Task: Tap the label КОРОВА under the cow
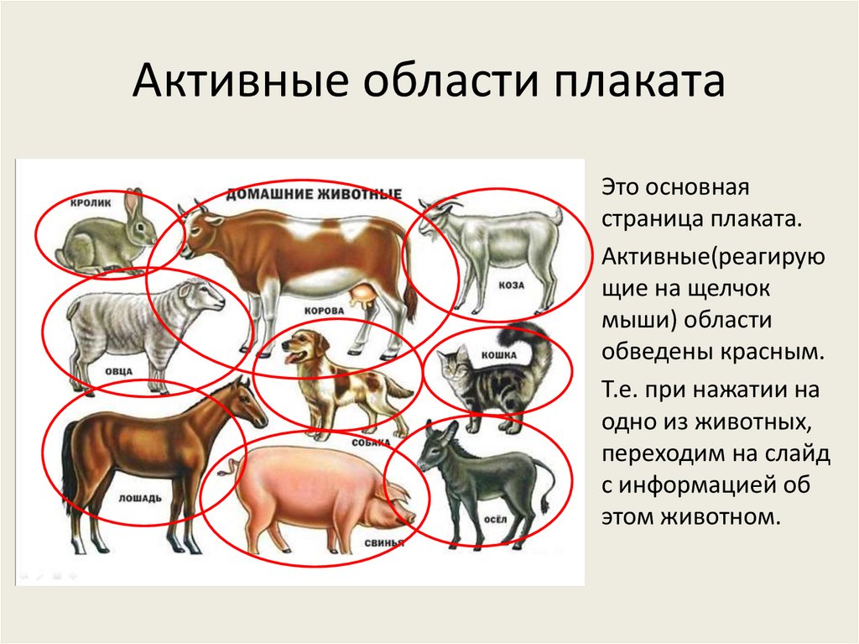coord(325,310)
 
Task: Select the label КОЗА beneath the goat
coord(510,285)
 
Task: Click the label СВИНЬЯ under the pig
coord(384,543)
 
